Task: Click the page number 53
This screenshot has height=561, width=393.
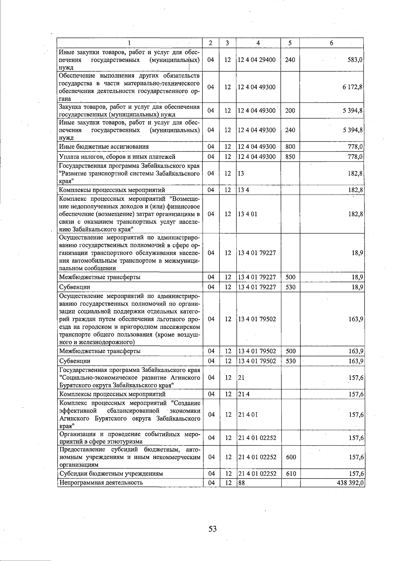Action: pos(213,529)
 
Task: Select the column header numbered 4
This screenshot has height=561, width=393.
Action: pos(258,43)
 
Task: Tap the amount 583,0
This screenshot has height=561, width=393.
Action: pos(356,60)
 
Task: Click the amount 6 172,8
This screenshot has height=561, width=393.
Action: pos(352,87)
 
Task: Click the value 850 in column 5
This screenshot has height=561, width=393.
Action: pos(290,157)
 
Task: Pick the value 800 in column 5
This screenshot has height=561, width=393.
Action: pos(290,147)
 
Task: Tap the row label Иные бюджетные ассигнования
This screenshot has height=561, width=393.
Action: pos(104,147)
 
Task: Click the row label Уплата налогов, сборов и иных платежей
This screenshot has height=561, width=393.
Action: pos(117,157)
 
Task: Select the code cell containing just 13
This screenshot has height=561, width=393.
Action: pos(241,174)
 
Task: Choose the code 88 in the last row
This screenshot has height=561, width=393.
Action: pos(241,482)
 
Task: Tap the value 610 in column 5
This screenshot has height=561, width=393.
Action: pos(291,474)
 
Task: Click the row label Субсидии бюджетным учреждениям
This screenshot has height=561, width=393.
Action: pos(111,474)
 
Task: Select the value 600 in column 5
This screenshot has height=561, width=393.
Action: pos(291,457)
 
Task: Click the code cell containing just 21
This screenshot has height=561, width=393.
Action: pos(241,378)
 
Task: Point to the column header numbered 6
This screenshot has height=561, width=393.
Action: pos(331,43)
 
